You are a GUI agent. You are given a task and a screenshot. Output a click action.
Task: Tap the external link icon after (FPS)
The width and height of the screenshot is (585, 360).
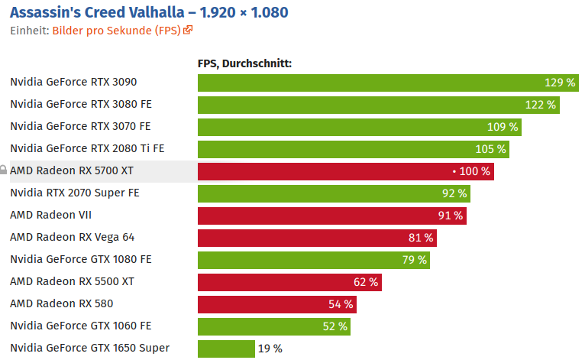click(x=188, y=31)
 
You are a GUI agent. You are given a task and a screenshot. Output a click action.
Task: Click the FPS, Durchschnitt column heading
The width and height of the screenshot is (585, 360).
click(x=244, y=63)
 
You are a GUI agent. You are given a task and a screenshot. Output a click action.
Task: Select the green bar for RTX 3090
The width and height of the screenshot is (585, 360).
click(x=367, y=83)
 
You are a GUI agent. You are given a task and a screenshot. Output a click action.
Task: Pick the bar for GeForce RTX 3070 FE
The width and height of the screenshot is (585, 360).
click(x=336, y=127)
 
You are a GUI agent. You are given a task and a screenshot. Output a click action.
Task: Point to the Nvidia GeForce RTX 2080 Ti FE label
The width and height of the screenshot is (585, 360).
click(x=87, y=149)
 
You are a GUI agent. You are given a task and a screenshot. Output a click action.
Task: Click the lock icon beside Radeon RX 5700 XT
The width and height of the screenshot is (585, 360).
click(x=4, y=171)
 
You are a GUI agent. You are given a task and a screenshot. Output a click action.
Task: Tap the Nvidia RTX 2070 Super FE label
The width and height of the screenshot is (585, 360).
click(x=75, y=193)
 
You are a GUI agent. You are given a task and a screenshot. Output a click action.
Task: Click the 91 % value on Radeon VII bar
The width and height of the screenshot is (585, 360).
click(x=451, y=216)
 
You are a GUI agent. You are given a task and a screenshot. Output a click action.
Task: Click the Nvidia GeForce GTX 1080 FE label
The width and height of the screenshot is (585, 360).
click(x=81, y=260)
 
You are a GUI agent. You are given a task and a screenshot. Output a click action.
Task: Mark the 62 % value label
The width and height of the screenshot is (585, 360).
click(x=366, y=282)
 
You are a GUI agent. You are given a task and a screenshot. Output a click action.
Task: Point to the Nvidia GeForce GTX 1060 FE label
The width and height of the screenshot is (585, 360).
click(x=81, y=326)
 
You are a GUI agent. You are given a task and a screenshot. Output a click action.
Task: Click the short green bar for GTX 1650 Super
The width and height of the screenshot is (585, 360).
click(x=226, y=349)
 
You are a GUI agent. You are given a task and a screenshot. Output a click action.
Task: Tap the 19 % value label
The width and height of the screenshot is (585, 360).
click(x=270, y=349)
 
